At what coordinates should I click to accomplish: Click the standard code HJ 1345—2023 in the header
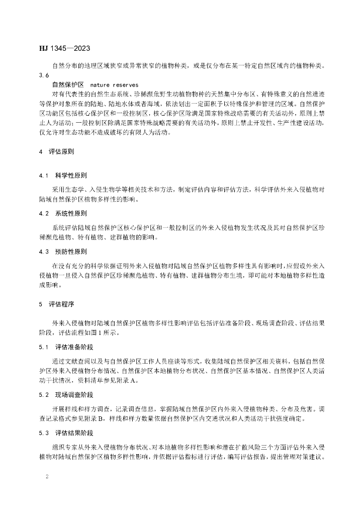click(x=64, y=49)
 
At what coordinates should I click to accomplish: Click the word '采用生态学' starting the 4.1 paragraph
click(x=67, y=189)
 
